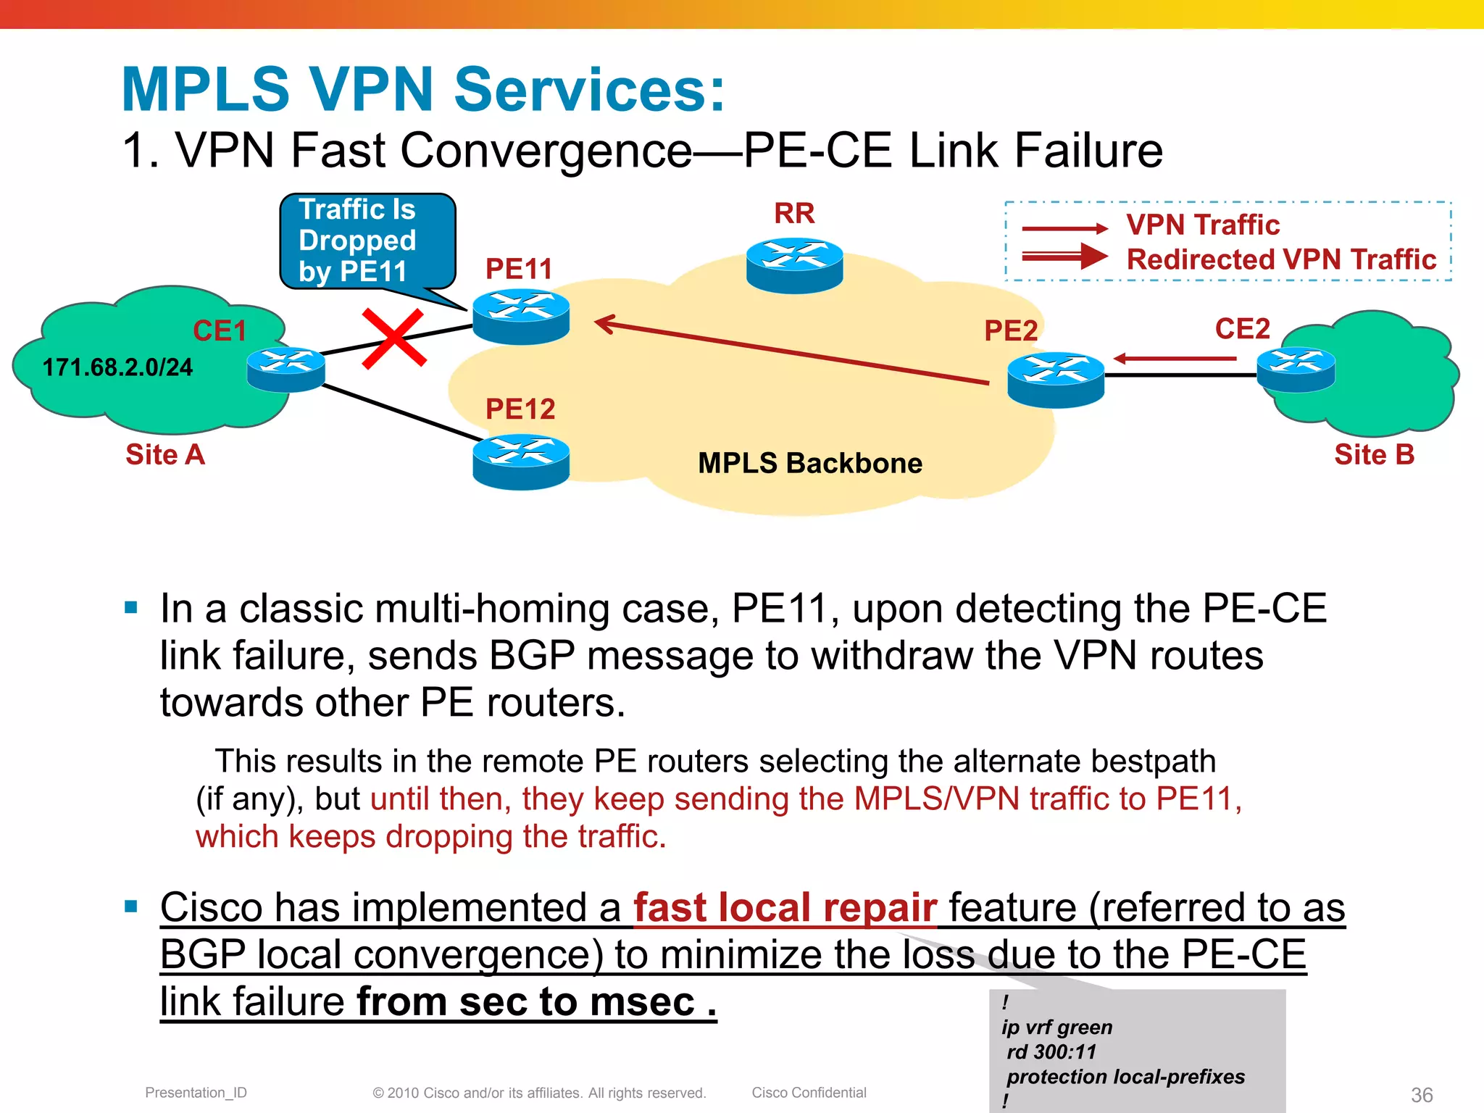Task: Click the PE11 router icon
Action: click(x=520, y=317)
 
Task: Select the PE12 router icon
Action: click(x=520, y=462)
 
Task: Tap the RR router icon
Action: click(x=794, y=265)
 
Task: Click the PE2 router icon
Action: click(x=1055, y=380)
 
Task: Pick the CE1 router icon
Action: click(x=285, y=370)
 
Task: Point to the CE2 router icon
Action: click(x=1296, y=370)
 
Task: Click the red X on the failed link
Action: click(x=393, y=338)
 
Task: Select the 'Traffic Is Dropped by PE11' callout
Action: click(x=367, y=241)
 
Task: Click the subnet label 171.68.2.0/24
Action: click(x=117, y=367)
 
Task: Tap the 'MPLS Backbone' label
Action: click(x=809, y=463)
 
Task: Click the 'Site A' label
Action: click(x=165, y=455)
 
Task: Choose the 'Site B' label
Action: click(x=1374, y=455)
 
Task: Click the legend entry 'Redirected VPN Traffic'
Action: click(x=1280, y=259)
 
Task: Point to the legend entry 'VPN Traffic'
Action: click(x=1203, y=225)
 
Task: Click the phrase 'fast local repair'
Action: click(x=785, y=908)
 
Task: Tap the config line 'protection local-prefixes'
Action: click(x=1125, y=1077)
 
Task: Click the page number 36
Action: click(x=1421, y=1095)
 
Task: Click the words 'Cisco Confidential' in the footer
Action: click(x=809, y=1093)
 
